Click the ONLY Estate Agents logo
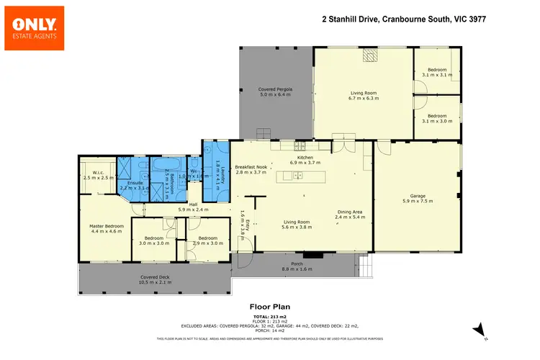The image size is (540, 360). [34, 28]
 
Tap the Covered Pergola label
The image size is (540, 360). [275, 90]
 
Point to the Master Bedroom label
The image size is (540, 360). [107, 227]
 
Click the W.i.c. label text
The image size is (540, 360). [98, 173]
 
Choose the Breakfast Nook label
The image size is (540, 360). [251, 168]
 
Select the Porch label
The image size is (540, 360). [297, 264]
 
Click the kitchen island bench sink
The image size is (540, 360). [297, 176]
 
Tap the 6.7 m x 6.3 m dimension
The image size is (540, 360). [364, 98]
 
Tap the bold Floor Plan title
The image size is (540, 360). [270, 305]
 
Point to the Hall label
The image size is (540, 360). [193, 204]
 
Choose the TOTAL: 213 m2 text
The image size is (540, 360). [270, 316]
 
